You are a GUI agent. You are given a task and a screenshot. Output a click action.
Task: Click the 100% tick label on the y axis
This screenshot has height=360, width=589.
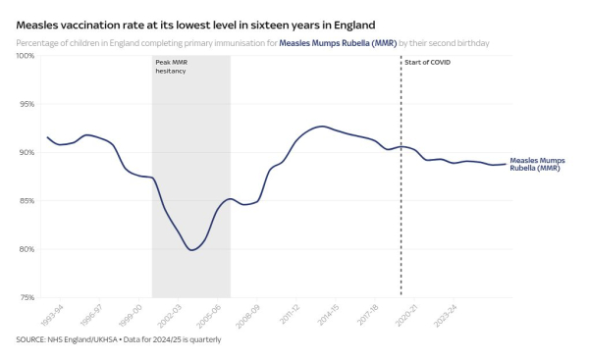tap(25, 56)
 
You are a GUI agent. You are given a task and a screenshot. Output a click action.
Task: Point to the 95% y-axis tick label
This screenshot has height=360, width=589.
tap(27, 104)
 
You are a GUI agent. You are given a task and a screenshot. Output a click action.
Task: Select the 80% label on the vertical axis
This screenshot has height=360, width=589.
tap(27, 249)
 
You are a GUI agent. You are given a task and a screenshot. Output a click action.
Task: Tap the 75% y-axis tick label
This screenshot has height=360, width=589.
tap(27, 297)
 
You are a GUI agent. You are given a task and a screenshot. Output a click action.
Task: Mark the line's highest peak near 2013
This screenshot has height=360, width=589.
tap(321, 127)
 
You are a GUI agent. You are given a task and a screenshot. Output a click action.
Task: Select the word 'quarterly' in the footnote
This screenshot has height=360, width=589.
tap(203, 339)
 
